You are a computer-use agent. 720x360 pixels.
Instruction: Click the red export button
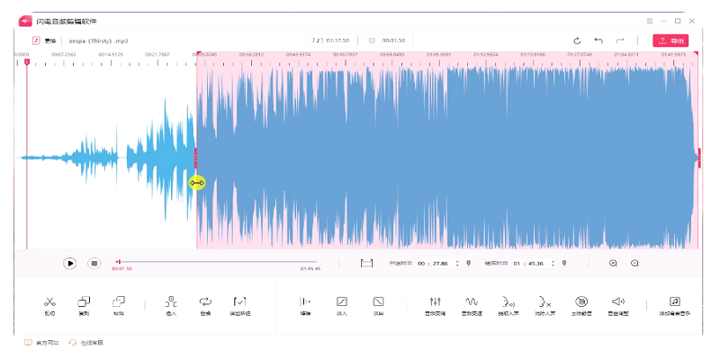tap(670, 40)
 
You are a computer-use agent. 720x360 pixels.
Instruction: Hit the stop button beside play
tap(94, 263)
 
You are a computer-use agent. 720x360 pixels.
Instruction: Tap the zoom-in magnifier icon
tap(613, 263)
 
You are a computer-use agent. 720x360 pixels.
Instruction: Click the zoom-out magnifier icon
tap(634, 263)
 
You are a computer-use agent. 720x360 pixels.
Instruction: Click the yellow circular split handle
tap(197, 183)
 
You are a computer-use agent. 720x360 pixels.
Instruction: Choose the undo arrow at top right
tap(598, 40)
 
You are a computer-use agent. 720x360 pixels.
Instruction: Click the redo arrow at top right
tap(620, 40)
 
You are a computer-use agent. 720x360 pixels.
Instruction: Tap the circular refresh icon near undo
tap(577, 40)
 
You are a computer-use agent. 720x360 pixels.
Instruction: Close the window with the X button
tap(691, 20)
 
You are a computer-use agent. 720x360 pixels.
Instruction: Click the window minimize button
tap(663, 20)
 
